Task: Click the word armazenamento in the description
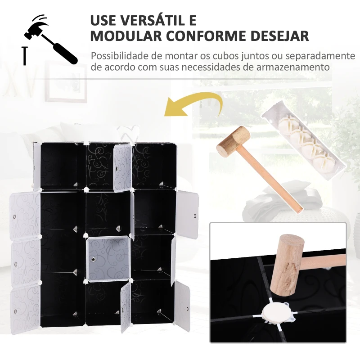(293, 67)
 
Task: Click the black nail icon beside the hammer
(25, 56)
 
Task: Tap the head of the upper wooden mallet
(234, 140)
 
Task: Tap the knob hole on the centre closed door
(93, 260)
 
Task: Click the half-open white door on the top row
(122, 168)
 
